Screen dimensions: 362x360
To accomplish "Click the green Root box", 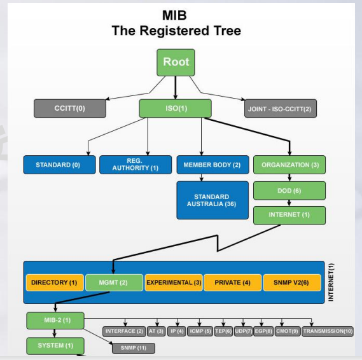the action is click(x=176, y=62).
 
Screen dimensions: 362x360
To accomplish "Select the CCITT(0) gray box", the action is click(x=70, y=109).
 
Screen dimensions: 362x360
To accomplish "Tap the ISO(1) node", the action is click(x=175, y=109).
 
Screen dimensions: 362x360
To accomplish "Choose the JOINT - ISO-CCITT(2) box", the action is click(x=281, y=109).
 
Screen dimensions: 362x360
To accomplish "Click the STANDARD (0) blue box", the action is click(x=59, y=165).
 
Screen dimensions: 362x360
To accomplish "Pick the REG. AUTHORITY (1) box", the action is click(x=136, y=165).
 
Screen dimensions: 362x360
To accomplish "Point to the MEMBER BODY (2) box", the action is click(x=212, y=165).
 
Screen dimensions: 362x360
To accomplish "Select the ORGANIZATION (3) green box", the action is click(x=289, y=165).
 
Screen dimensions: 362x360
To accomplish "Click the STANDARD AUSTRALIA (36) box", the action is click(x=212, y=200).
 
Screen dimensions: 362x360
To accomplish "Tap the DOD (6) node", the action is click(x=289, y=191).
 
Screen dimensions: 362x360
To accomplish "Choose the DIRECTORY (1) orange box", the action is click(x=55, y=282).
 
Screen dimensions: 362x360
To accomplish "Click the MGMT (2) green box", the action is click(x=114, y=282).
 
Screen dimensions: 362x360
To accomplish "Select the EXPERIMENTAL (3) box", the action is click(x=174, y=282).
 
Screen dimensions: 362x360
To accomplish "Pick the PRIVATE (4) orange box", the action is click(x=233, y=282).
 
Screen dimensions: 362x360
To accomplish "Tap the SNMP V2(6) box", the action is click(x=292, y=282).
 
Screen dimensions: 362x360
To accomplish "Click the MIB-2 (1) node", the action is click(x=55, y=321).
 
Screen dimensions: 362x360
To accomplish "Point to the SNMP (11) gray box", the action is click(x=134, y=348).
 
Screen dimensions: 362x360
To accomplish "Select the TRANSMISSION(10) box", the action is click(x=328, y=331).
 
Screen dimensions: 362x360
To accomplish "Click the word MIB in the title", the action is click(x=174, y=15).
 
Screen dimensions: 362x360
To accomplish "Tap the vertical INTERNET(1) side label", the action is click(x=331, y=282).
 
